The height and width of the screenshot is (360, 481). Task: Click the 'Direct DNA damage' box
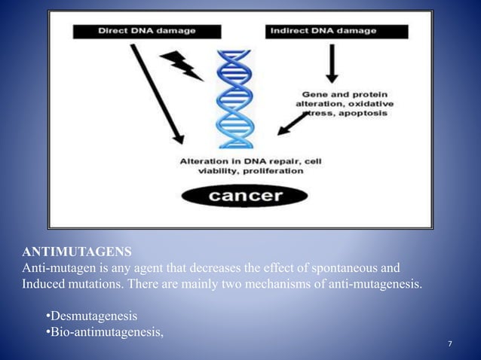click(147, 32)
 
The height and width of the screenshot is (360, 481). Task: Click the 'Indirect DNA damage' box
click(337, 32)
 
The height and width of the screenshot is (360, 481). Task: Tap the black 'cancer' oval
click(244, 197)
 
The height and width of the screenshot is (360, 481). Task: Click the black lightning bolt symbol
click(183, 65)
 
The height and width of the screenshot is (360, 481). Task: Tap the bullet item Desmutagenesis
click(93, 316)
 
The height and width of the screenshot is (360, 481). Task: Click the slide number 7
click(450, 344)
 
